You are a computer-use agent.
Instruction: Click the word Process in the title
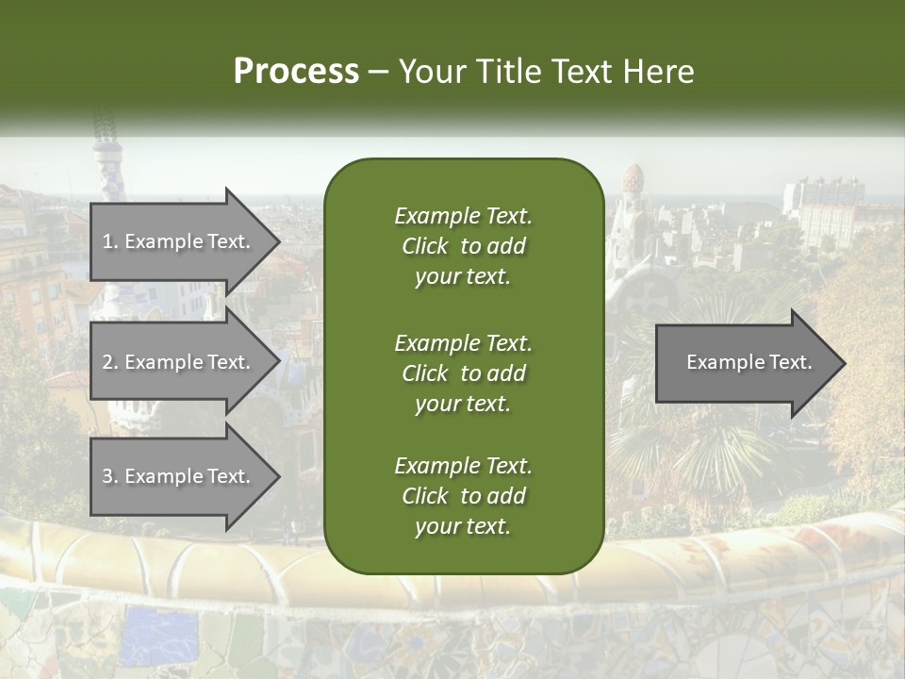click(296, 72)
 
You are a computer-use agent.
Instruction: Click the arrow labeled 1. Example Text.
click(179, 241)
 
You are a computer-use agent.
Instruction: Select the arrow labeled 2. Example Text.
click(179, 362)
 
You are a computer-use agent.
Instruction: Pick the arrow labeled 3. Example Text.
click(179, 476)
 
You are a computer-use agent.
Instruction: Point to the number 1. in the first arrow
click(109, 241)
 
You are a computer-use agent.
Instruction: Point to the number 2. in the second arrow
click(109, 362)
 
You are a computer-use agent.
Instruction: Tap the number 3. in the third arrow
click(109, 476)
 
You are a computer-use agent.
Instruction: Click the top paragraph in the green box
click(463, 246)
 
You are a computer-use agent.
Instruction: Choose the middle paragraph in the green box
click(463, 373)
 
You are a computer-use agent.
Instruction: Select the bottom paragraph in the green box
click(463, 495)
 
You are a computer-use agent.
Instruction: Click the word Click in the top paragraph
click(424, 246)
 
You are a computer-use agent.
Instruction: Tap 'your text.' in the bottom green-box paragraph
click(463, 526)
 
